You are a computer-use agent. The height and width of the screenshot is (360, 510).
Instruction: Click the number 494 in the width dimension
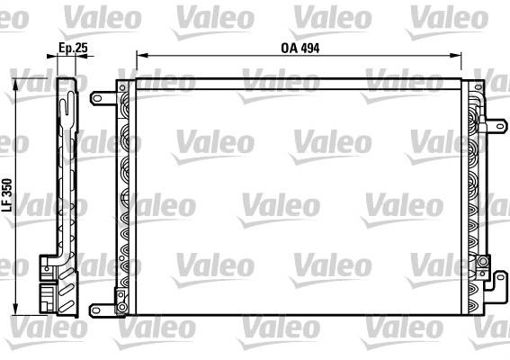tap(310, 49)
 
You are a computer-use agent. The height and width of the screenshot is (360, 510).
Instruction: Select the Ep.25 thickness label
tap(73, 48)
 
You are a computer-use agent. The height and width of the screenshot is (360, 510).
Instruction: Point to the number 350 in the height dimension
tap(7, 187)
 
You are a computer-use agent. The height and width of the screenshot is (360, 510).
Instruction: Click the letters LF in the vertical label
tap(7, 205)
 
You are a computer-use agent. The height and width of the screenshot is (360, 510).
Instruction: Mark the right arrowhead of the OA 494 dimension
tap(455, 56)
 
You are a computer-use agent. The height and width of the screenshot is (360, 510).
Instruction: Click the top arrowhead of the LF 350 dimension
tap(15, 85)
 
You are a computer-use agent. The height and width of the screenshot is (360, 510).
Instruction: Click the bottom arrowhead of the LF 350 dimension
tap(15, 310)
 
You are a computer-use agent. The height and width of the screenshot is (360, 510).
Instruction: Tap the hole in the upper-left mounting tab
tap(97, 98)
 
